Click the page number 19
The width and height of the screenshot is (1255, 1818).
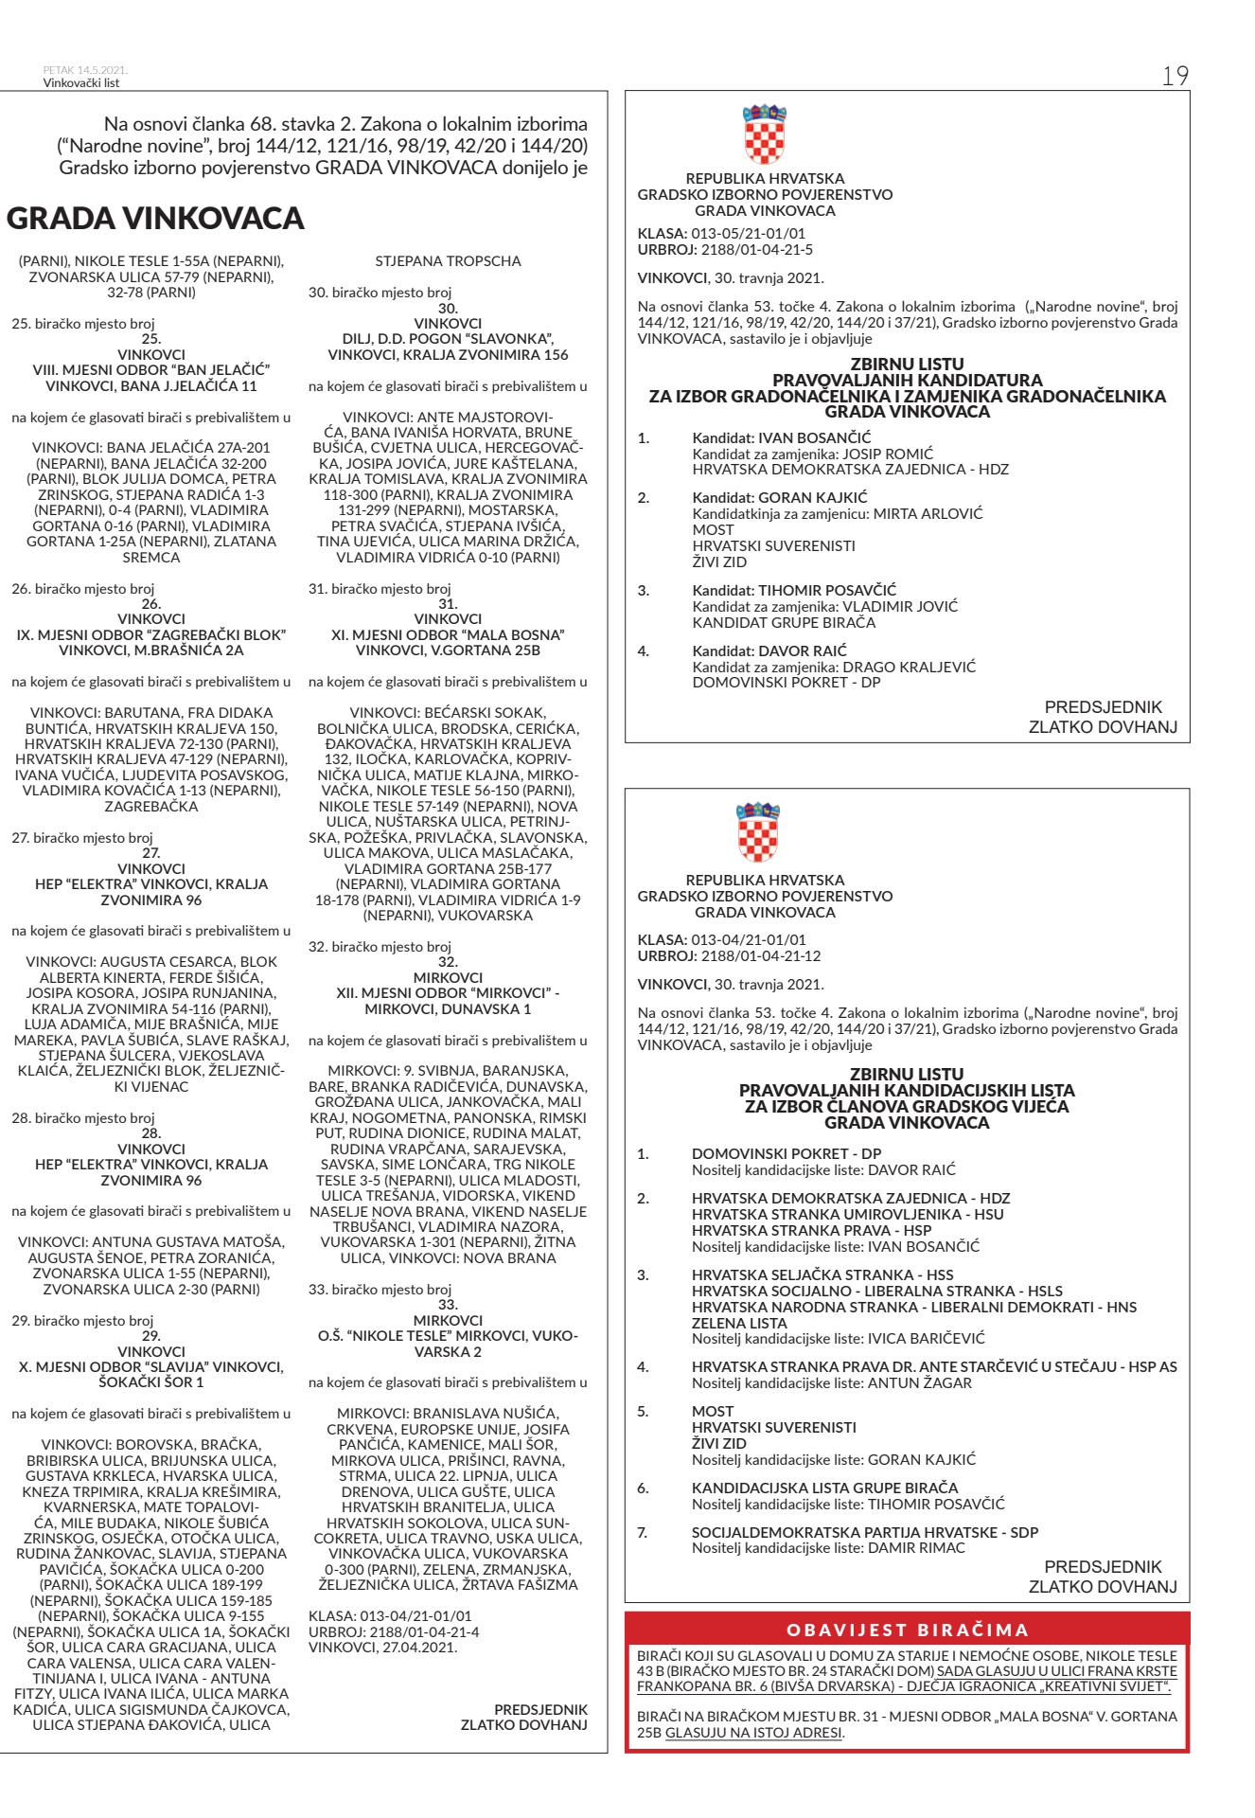(x=1175, y=77)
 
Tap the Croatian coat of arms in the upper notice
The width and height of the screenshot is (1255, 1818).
(x=764, y=134)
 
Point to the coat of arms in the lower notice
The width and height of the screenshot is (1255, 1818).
(x=758, y=832)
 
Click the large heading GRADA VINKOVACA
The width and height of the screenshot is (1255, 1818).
(x=155, y=219)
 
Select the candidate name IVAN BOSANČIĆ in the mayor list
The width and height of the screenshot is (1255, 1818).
(x=814, y=437)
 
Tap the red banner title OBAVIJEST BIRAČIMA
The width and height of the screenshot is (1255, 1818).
(x=907, y=1630)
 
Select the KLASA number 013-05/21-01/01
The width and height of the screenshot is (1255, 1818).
(x=749, y=234)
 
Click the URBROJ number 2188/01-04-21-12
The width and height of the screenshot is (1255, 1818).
(x=761, y=955)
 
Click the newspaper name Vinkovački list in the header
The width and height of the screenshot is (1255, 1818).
(x=81, y=82)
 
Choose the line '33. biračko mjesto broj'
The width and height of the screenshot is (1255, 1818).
(x=380, y=1289)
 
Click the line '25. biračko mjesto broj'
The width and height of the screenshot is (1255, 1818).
(x=82, y=324)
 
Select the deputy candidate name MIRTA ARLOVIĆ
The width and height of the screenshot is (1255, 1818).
(x=928, y=513)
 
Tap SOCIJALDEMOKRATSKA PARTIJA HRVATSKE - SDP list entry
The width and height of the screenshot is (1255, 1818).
(x=864, y=1531)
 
